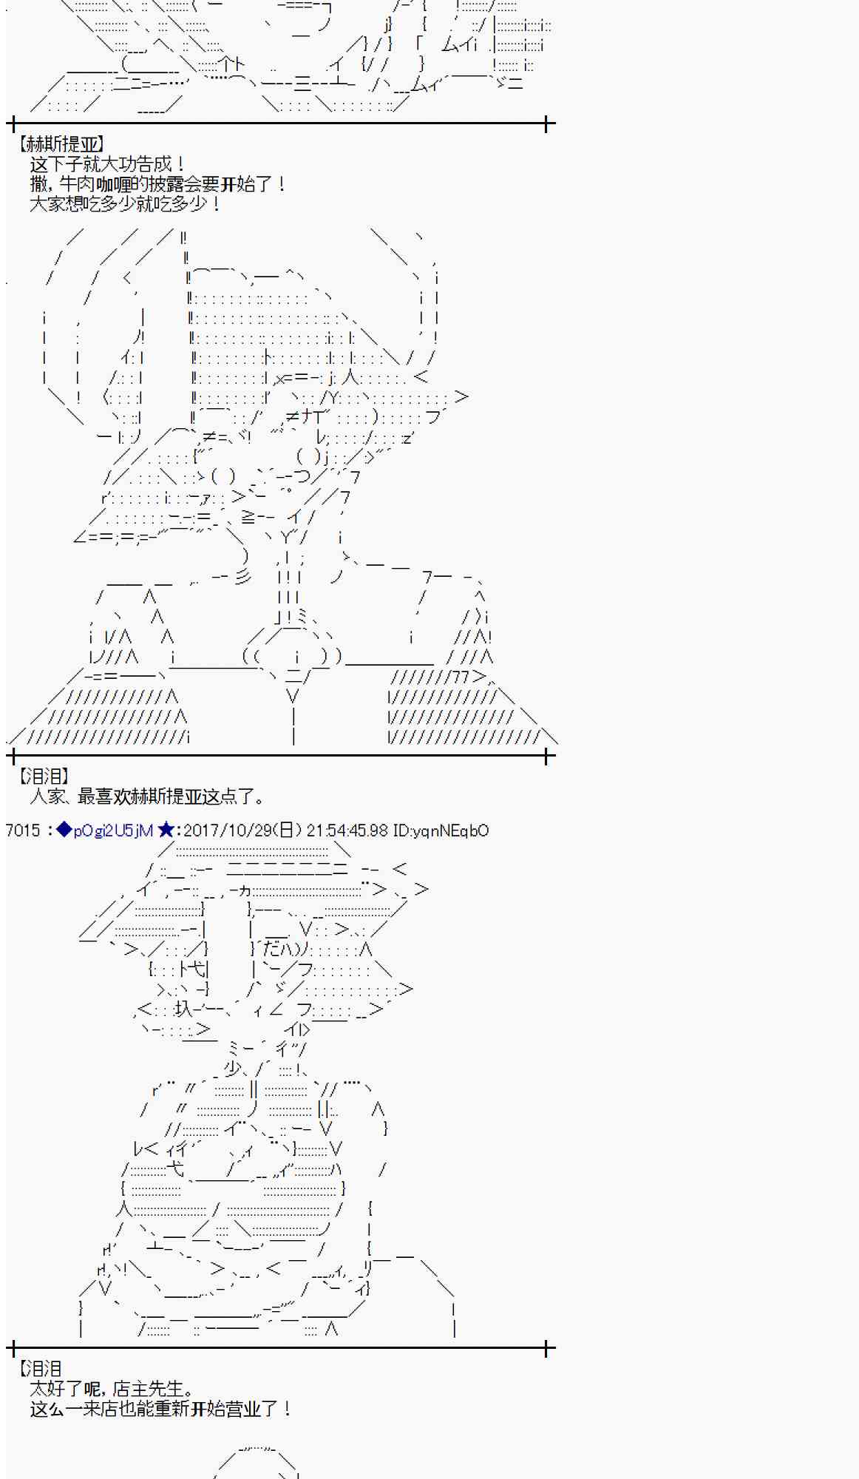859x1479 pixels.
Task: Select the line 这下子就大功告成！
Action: pyautogui.click(x=107, y=164)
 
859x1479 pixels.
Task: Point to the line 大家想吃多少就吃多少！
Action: pyautogui.click(x=125, y=204)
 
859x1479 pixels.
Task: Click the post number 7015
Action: pyautogui.click(x=23, y=830)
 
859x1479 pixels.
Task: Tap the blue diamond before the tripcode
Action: pyautogui.click(x=64, y=830)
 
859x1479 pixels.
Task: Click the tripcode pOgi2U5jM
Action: pyautogui.click(x=113, y=830)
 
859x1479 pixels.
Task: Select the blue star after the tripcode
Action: pyautogui.click(x=166, y=830)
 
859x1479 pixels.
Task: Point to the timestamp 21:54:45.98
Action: pyautogui.click(x=347, y=830)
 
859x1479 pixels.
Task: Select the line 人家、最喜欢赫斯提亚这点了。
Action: pyautogui.click(x=147, y=796)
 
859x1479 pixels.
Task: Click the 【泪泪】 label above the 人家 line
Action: pyautogui.click(x=43, y=776)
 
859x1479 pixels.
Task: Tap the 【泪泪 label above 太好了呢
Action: pyautogui.click(x=41, y=1369)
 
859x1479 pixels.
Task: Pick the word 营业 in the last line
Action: pyautogui.click(x=257, y=1409)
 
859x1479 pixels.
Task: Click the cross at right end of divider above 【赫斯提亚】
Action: pyautogui.click(x=546, y=123)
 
